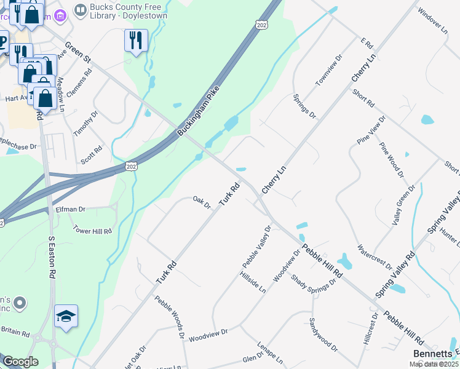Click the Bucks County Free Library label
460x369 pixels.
[x=129, y=10]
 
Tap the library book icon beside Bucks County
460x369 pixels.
[x=80, y=10]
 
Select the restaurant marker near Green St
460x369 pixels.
[x=136, y=41]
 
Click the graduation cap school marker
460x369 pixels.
[x=66, y=316]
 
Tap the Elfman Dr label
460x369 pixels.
[x=70, y=210]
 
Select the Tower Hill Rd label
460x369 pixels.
[x=92, y=231]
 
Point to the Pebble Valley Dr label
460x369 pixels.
[x=256, y=247]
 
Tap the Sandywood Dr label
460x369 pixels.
[x=323, y=335]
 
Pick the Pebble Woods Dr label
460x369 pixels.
[x=170, y=316]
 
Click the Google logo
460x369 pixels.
[x=20, y=362]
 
